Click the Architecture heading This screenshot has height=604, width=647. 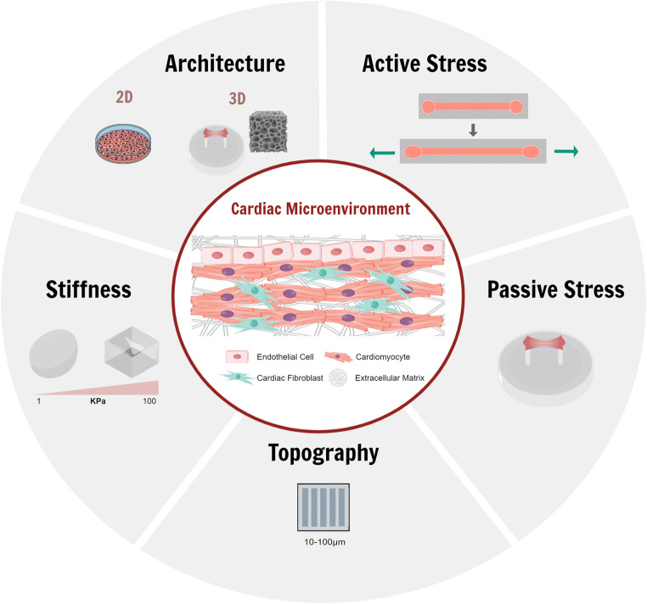(x=224, y=64)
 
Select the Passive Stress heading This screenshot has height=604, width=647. (x=556, y=289)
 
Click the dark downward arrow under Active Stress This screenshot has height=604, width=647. (x=474, y=131)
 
